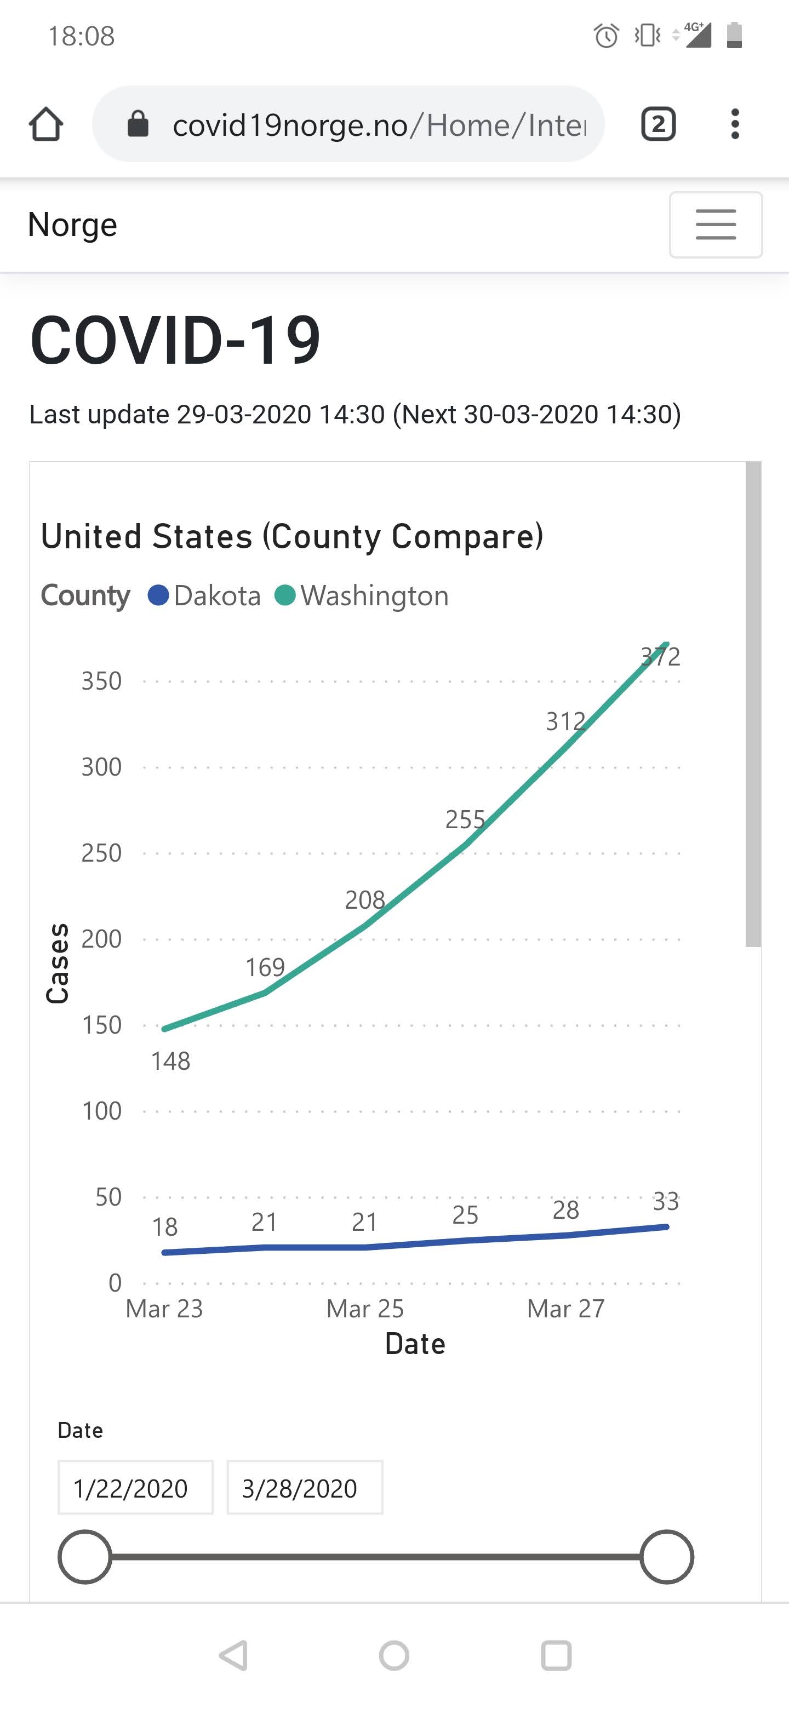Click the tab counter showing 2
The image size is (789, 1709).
pos(658,124)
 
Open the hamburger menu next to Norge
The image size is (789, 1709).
pos(716,224)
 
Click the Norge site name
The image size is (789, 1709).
pos(72,224)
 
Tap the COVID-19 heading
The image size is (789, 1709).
pos(175,340)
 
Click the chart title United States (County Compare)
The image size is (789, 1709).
pos(292,536)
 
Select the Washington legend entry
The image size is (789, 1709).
pos(362,596)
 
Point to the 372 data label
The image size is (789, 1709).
pos(660,657)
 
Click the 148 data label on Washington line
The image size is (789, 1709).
pos(170,1061)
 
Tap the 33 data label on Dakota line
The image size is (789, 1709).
pos(666,1201)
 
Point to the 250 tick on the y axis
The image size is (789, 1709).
pos(101,852)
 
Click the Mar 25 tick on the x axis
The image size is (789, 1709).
pos(365,1308)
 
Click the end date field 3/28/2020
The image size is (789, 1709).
pos(305,1488)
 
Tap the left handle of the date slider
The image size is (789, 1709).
pos(84,1556)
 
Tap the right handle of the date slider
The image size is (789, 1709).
pos(666,1556)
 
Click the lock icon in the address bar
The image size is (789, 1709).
pos(138,124)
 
